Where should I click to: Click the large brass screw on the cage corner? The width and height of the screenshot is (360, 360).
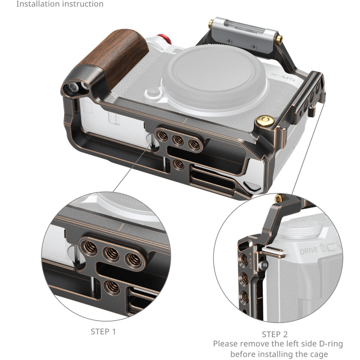(265, 121)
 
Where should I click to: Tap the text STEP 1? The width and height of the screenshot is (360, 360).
(103, 331)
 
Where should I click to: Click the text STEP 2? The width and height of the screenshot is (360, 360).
(275, 334)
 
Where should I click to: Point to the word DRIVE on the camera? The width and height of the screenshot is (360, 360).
(309, 251)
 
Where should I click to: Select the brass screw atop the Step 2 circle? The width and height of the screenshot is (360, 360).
(278, 199)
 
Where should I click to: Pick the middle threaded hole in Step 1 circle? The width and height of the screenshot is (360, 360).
(112, 254)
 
